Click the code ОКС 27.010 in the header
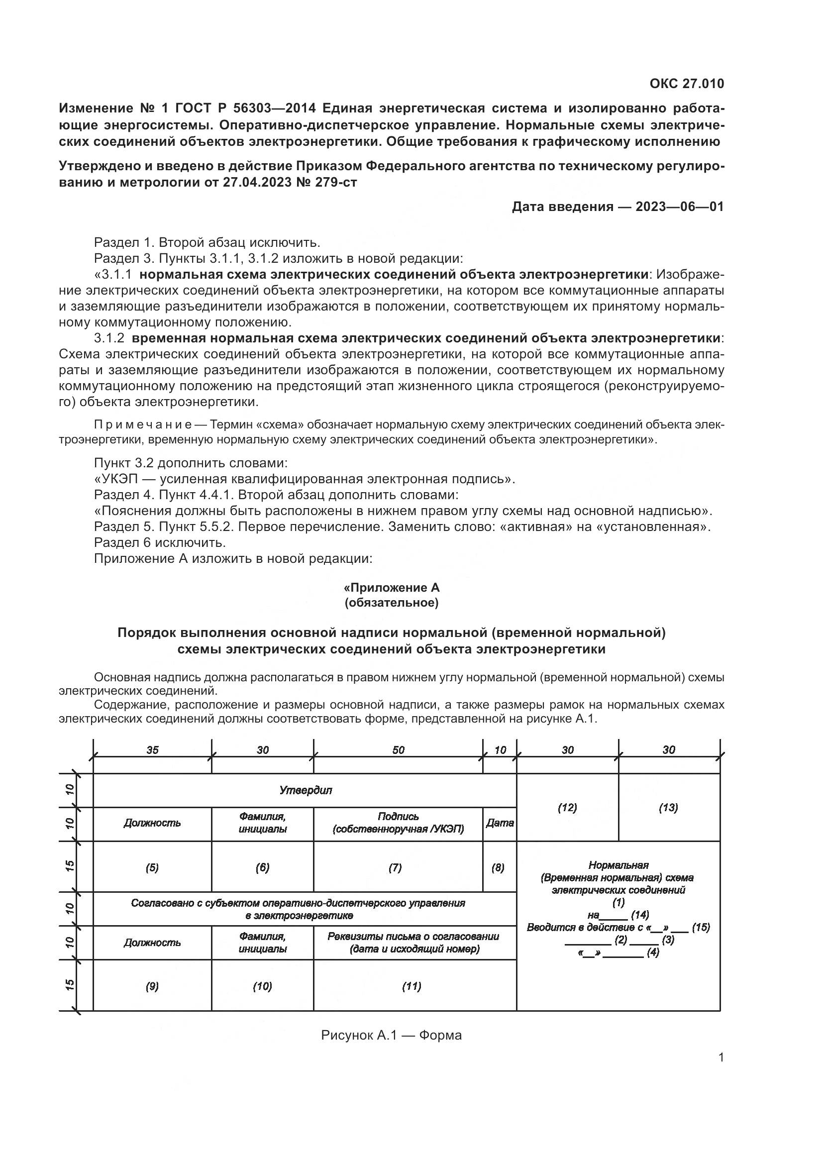(x=687, y=84)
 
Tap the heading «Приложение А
(x=392, y=588)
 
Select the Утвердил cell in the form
(x=306, y=790)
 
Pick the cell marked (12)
(x=567, y=808)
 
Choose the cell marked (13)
(x=668, y=808)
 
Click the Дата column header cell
(x=500, y=823)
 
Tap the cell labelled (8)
(x=498, y=868)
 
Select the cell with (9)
(x=152, y=986)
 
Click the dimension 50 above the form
(x=399, y=750)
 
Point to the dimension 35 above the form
(x=153, y=750)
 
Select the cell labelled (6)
(x=263, y=868)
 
